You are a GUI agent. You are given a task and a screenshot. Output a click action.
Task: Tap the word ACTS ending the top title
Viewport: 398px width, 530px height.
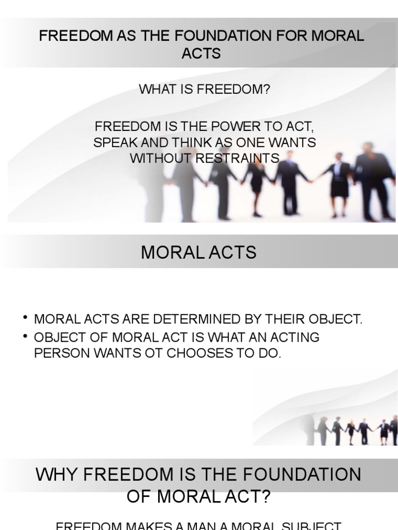(x=201, y=53)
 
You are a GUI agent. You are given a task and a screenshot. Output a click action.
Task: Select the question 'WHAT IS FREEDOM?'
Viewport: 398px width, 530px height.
(x=204, y=89)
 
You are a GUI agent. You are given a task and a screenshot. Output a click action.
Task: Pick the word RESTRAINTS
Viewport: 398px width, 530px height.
(x=237, y=158)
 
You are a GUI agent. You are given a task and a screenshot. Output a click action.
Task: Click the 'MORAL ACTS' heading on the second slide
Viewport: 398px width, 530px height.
(x=199, y=253)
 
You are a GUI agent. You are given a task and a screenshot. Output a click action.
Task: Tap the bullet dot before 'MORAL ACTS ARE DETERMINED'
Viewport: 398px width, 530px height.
(x=25, y=318)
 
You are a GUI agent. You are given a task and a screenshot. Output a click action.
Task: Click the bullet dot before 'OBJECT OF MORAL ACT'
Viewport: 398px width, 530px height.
(x=25, y=336)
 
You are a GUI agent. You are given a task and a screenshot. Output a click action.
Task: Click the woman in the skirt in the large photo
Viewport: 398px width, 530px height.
(x=339, y=181)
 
